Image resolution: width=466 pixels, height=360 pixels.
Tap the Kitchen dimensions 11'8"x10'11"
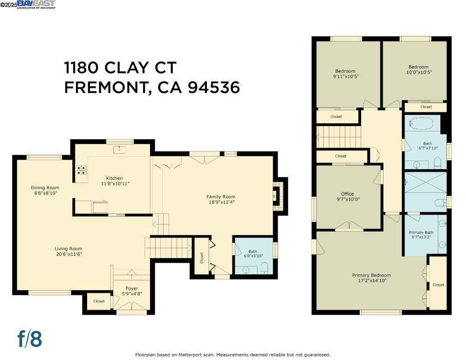coord(114,183)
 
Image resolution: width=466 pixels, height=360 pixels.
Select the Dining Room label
coord(45,188)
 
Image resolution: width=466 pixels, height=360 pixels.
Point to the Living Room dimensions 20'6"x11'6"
coord(68,254)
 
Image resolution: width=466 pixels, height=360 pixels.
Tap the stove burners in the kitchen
coord(81,170)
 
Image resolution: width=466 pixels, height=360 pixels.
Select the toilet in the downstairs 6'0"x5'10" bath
coord(264,268)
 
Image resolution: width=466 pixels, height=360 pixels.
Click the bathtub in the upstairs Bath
coord(421,124)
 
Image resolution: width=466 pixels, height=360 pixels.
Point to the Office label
coord(347,194)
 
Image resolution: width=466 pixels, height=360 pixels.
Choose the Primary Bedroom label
coord(371,275)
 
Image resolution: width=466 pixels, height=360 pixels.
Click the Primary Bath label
coord(421,232)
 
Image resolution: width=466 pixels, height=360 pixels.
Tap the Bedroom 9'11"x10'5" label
coord(345,71)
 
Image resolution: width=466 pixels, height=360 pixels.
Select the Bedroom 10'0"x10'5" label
coord(418,67)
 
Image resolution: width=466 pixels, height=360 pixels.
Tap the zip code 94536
coord(214,87)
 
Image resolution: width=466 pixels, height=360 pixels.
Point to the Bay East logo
coord(36,4)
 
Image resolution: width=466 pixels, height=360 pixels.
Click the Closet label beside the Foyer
coord(99,301)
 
